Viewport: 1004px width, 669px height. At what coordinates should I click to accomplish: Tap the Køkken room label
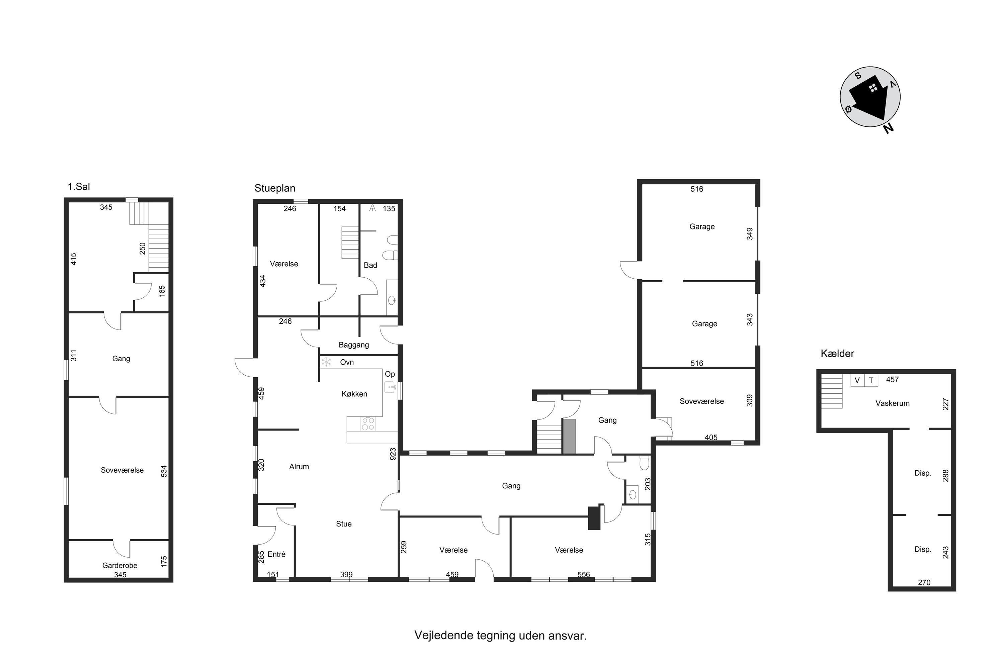tap(354, 394)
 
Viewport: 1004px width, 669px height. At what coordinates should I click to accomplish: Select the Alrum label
tap(299, 467)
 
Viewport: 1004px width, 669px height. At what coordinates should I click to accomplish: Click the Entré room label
tap(277, 554)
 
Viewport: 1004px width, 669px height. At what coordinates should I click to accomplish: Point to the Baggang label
tap(354, 345)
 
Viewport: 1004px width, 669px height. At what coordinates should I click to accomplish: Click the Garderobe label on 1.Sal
tap(120, 566)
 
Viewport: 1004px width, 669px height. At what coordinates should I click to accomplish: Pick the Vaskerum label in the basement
tap(893, 403)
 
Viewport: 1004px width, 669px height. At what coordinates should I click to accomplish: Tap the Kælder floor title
tap(838, 353)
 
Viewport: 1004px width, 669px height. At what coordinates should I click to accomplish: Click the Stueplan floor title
tap(275, 188)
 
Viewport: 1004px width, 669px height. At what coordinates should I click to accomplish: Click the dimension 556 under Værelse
tap(584, 574)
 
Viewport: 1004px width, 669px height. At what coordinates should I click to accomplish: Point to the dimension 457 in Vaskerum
tap(893, 379)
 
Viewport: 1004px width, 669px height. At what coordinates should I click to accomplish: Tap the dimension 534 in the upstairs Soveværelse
tap(164, 471)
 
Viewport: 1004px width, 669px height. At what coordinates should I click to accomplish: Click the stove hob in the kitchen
tap(368, 424)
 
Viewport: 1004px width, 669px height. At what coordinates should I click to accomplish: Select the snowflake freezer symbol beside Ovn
tap(326, 362)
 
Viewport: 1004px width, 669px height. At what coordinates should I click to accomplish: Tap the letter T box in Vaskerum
tap(871, 380)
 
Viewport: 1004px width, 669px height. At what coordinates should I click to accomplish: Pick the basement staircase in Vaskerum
tap(832, 391)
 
